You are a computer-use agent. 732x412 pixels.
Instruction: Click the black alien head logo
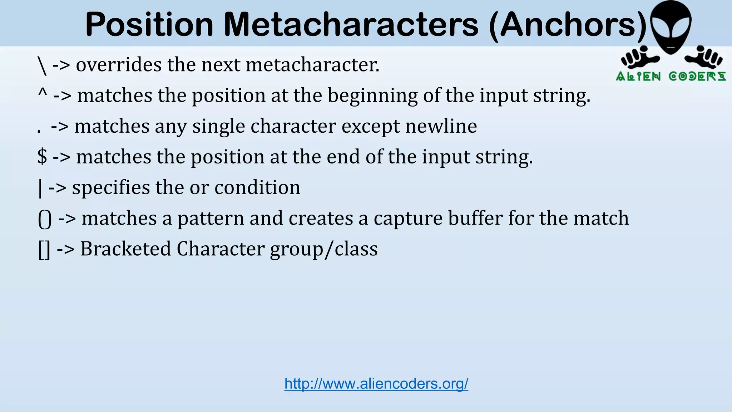[x=671, y=27]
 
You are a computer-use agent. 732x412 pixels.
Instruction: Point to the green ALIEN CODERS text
[x=671, y=76]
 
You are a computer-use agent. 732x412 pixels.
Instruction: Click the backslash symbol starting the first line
[x=42, y=65]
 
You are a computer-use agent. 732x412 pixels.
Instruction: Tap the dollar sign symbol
[x=42, y=157]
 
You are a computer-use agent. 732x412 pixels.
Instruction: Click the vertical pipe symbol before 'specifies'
[x=40, y=188]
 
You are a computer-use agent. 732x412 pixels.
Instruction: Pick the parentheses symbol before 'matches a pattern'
[x=45, y=219]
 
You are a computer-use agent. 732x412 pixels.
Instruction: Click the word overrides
[x=119, y=65]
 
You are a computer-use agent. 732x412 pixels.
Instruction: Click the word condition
[x=257, y=187]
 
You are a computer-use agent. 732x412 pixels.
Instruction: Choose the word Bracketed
[x=125, y=249]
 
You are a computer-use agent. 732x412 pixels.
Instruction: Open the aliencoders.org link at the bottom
[x=376, y=384]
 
